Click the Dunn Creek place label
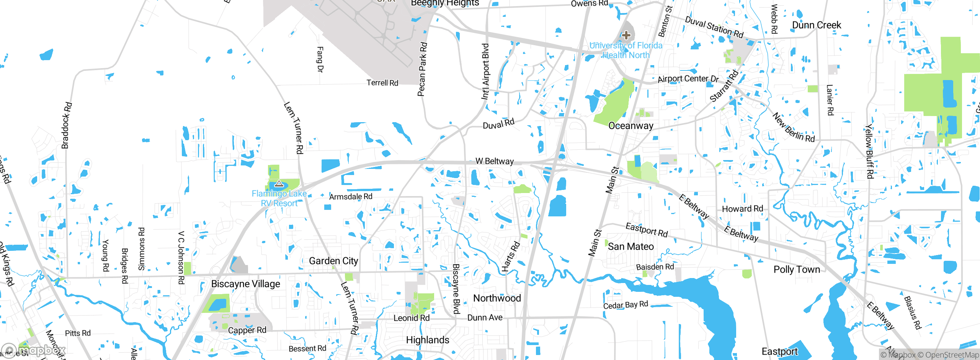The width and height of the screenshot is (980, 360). pos(816,25)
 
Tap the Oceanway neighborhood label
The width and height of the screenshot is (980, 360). pos(630,126)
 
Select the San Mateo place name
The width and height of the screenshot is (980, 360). pos(630,247)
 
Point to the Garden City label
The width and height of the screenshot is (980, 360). pos(333,261)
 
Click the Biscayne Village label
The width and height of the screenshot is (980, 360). pos(245,284)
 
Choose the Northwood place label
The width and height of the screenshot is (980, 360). pos(497,298)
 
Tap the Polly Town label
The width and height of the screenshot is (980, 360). pos(797,270)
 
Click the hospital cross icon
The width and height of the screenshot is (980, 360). pos(626,36)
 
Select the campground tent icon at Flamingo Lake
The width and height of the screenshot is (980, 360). pos(279,184)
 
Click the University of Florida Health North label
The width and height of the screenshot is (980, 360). pos(626,50)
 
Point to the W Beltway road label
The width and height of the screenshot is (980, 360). pos(494,161)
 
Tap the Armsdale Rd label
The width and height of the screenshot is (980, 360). pos(351,197)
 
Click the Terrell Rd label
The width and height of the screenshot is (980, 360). pos(382,83)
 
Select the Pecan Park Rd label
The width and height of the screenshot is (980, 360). pos(422,69)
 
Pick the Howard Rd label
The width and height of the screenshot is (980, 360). pos(742,209)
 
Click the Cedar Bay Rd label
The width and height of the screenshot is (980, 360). pos(626,305)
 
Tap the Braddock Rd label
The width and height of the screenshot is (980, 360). pos(66,125)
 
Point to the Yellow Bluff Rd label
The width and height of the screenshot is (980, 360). pos(869,151)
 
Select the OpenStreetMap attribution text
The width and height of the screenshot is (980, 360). pos(952,355)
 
